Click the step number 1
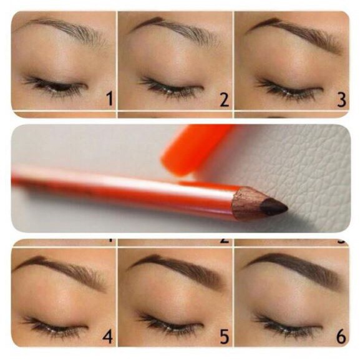point(109,99)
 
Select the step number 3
point(341,99)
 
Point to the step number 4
point(108,338)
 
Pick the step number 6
point(341,338)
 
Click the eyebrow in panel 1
point(66,28)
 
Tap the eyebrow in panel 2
point(178,28)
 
